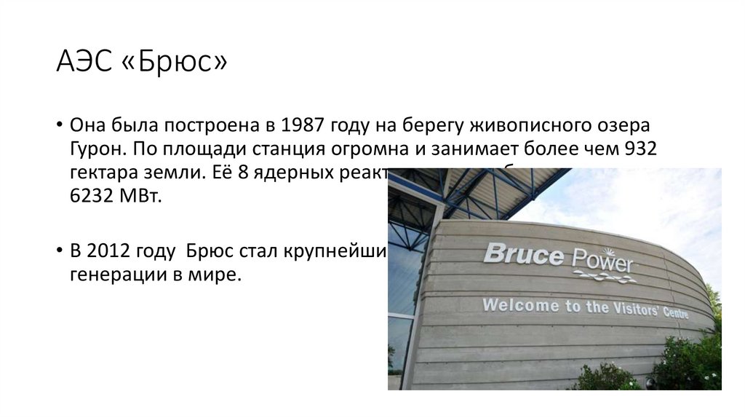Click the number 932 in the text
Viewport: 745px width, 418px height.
(x=640, y=149)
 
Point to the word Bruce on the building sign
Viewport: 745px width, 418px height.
(x=523, y=254)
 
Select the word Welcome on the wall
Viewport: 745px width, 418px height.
(x=518, y=304)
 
